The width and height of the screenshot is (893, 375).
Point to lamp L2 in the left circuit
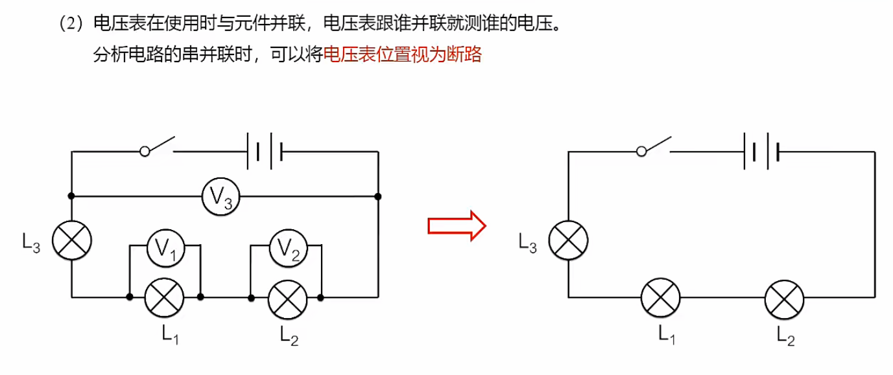[x=287, y=297]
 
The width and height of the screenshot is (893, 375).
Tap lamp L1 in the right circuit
[x=661, y=298]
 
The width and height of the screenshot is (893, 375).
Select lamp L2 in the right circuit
[x=784, y=298]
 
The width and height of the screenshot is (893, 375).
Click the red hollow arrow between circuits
[x=457, y=225]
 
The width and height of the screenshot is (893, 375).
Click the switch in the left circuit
[x=158, y=146]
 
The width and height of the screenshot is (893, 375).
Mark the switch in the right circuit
[x=654, y=146]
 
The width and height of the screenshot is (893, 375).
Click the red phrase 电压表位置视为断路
[x=402, y=55]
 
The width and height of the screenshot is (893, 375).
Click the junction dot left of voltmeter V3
[x=71, y=196]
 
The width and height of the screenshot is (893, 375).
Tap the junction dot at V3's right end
[x=377, y=196]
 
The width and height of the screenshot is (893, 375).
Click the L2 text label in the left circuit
[x=289, y=335]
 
